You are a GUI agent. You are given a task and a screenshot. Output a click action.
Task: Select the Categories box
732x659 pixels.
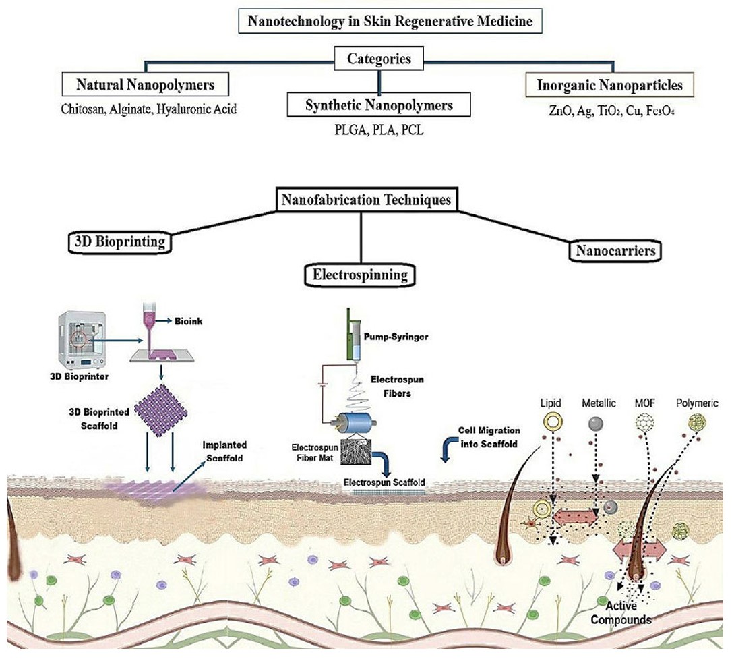(x=379, y=59)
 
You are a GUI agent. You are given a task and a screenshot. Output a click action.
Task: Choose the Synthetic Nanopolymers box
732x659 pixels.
(x=379, y=105)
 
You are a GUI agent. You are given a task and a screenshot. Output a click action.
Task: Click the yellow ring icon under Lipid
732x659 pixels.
(x=551, y=424)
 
